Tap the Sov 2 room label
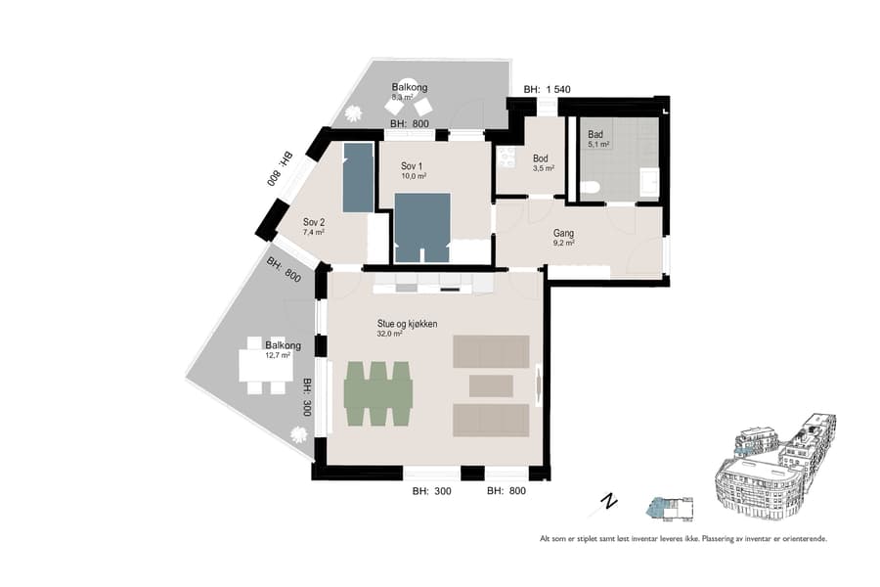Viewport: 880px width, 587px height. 313,221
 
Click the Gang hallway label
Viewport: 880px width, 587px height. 563,234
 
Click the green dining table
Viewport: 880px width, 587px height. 378,393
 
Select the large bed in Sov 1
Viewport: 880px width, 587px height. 422,227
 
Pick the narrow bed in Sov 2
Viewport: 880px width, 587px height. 358,177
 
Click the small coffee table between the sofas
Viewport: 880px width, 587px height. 491,385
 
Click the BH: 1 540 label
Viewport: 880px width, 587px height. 548,89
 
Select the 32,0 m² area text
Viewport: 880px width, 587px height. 390,334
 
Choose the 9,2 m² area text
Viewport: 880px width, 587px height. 563,244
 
